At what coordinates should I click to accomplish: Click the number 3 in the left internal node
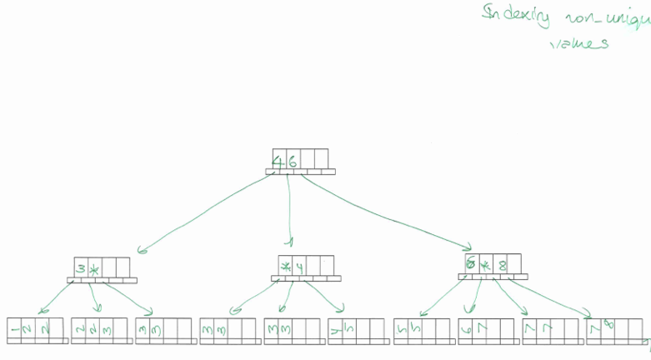pos(80,269)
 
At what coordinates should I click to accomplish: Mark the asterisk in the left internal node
pos(94,269)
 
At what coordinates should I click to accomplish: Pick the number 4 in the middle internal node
pos(298,267)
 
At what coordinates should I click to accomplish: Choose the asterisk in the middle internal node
pos(285,267)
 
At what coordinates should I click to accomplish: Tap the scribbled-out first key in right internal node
pos(472,264)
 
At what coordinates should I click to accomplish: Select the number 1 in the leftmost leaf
pos(15,330)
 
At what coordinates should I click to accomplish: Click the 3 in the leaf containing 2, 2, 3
pos(106,330)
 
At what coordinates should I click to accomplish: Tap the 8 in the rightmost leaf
pos(609,325)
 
